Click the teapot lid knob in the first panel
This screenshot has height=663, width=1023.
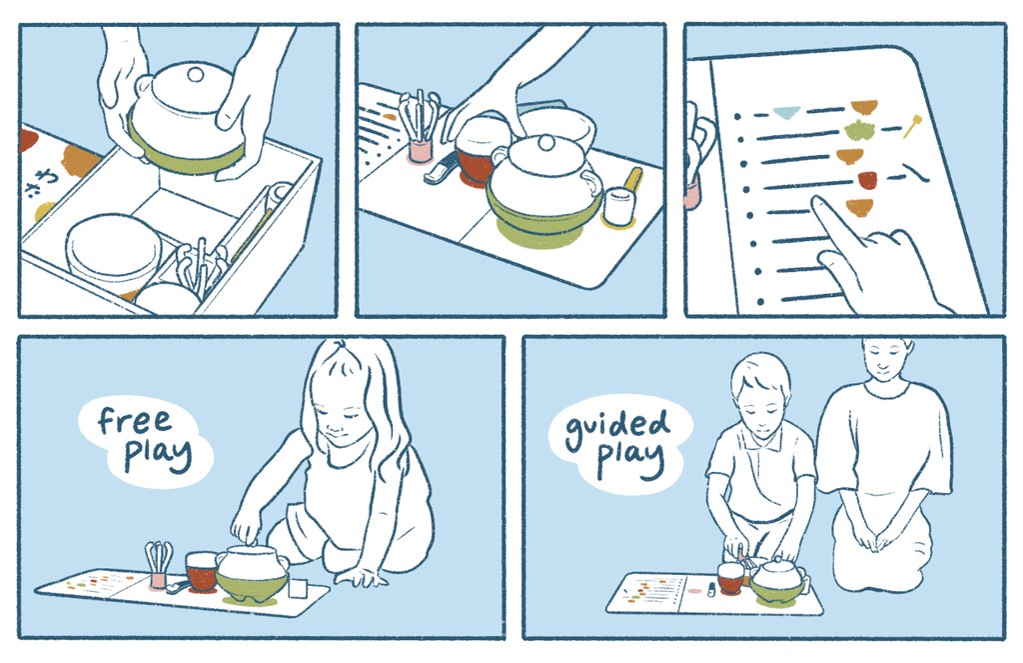[x=195, y=74]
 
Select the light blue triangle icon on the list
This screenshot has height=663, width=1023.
[x=785, y=112]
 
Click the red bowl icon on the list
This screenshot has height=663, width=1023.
[x=867, y=179]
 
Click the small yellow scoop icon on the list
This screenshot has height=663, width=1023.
[x=912, y=125]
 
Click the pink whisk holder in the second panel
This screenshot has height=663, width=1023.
[x=421, y=151]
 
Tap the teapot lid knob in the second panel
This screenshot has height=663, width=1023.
[x=545, y=141]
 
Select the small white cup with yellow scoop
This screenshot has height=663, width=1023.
[x=618, y=204]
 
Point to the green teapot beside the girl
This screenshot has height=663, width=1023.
[x=253, y=574]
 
